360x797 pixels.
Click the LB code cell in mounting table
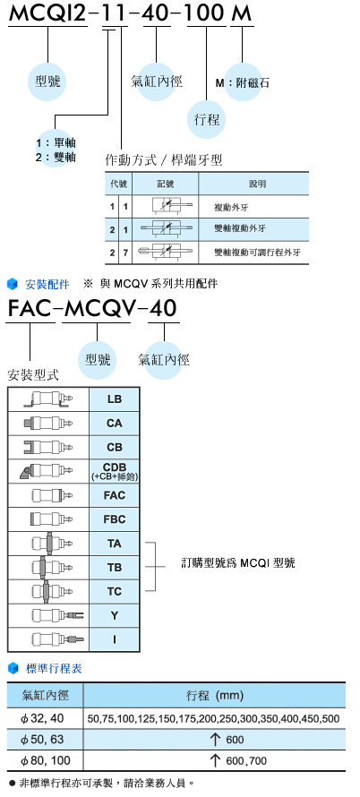click(x=115, y=399)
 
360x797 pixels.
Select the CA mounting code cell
click(x=115, y=424)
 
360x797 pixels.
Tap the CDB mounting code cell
click(x=115, y=471)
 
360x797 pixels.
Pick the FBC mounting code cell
click(x=115, y=519)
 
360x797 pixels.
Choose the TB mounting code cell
click(x=115, y=567)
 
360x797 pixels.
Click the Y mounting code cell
click(x=115, y=615)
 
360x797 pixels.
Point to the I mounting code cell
click(x=115, y=639)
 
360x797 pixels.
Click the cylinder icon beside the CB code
click(x=48, y=447)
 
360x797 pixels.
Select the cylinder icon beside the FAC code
click(x=52, y=495)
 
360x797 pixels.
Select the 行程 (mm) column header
click(x=215, y=695)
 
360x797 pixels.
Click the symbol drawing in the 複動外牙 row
click(x=172, y=206)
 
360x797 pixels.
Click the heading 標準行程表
click(x=54, y=668)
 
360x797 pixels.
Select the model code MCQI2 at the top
click(x=47, y=13)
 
